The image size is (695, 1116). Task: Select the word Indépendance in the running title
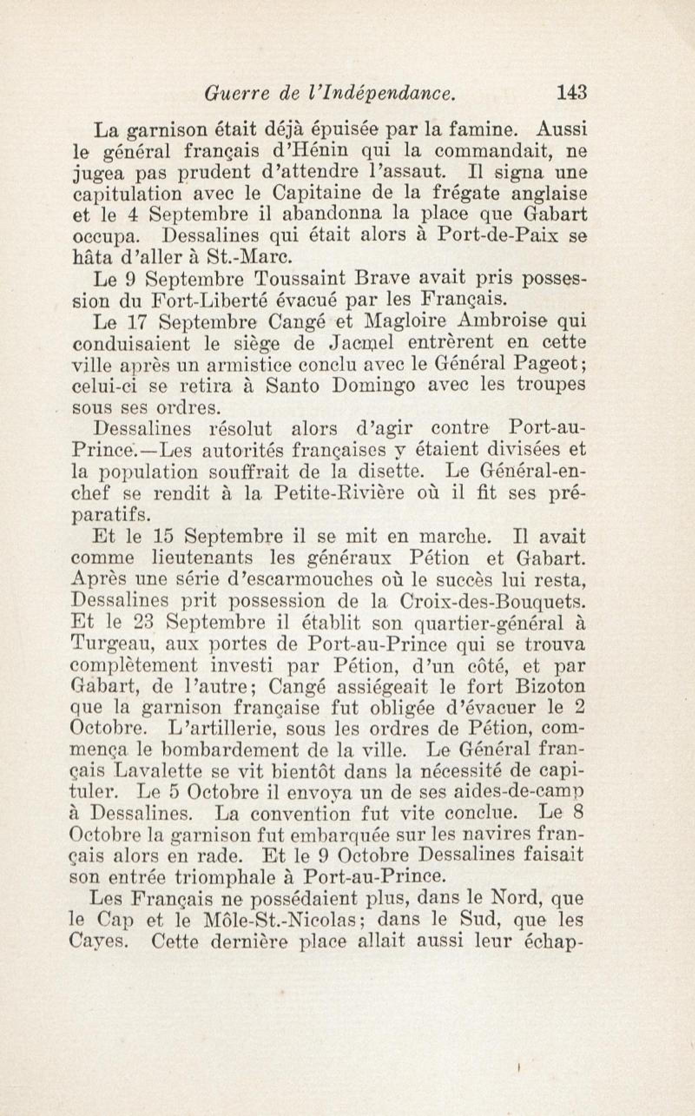click(391, 94)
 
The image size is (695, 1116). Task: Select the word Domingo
click(374, 386)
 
